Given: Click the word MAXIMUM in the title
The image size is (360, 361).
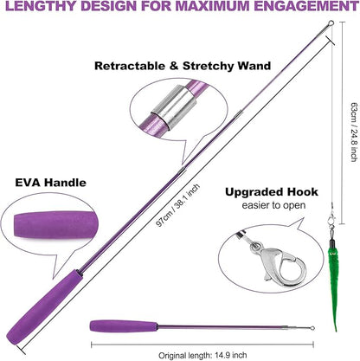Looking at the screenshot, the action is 217,6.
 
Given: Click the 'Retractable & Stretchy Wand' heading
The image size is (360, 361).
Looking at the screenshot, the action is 183,66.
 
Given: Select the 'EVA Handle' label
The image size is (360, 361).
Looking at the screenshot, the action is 50,183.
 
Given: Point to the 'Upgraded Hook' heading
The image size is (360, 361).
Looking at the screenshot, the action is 272,192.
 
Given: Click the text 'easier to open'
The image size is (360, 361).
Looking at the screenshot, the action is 273,205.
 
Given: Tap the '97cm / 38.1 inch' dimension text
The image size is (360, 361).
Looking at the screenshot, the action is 178,205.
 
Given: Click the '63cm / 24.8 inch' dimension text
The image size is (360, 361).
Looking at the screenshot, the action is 353,132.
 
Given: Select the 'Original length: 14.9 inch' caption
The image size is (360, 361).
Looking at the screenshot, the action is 202,355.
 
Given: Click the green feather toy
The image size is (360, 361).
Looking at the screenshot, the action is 332,284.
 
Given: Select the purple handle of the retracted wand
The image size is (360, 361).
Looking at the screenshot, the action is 124,326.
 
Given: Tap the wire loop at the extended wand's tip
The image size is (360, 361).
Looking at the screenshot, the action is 331,23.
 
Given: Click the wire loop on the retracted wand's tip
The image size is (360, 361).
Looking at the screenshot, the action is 312,328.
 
